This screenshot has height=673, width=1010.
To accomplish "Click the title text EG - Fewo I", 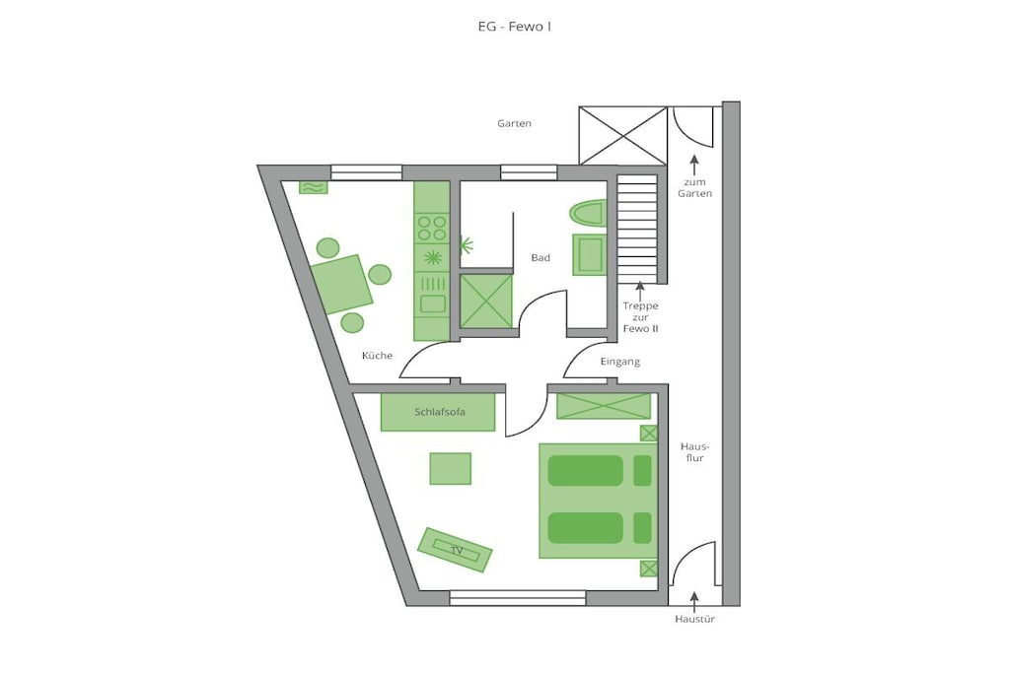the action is (514, 27).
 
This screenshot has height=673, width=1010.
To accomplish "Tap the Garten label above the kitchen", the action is (514, 123).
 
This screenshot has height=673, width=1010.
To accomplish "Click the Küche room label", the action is (377, 355).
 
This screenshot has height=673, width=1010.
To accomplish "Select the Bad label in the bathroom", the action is (541, 258).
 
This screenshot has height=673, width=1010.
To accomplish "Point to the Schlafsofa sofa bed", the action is (438, 412).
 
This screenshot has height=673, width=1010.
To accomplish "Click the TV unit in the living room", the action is (455, 550).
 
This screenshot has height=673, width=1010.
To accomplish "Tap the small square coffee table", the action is (450, 468).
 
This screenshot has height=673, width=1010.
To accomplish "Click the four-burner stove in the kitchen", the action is (432, 229).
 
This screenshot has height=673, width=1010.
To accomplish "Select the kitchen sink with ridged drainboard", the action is (432, 294).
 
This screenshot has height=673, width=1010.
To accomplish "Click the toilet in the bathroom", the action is (588, 213).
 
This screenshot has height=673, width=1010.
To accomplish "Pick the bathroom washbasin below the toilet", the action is (590, 255).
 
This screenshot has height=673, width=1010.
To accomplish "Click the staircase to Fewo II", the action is (638, 229).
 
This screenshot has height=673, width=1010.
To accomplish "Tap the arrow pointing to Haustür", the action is (694, 601).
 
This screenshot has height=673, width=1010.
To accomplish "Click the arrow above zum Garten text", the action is (694, 166).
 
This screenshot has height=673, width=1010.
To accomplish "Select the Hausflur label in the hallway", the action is (694, 452).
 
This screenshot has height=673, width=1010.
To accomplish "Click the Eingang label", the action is (620, 362).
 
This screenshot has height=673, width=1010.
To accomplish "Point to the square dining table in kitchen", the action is (342, 285).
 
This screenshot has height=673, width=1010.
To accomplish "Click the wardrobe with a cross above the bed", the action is (604, 406).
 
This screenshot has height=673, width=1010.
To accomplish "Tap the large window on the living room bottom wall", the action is (518, 598).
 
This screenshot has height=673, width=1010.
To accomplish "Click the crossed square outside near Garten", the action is (623, 136).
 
